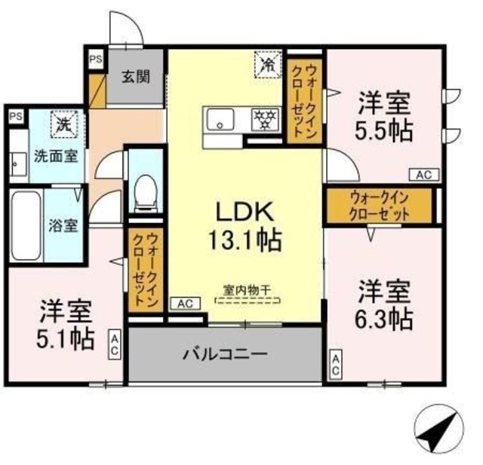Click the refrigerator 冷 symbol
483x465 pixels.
coord(266,63)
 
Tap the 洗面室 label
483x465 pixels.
coord(57,158)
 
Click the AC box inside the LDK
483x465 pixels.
coord(185,304)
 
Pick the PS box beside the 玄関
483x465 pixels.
coord(96,60)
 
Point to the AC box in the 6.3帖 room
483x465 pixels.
coord(335,366)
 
